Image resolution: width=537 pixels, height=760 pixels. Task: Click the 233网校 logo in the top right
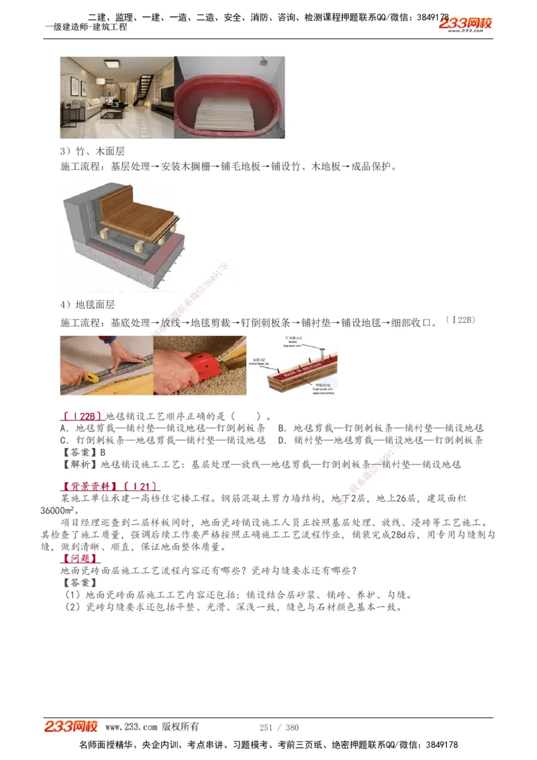[466, 23]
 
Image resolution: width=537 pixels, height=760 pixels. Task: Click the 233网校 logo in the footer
[71, 726]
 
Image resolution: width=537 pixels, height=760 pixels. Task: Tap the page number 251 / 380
[279, 727]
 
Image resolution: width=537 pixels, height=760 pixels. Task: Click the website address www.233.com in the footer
[132, 727]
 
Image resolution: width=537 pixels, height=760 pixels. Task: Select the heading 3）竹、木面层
[93, 152]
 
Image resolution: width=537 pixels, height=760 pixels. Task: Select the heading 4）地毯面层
[87, 305]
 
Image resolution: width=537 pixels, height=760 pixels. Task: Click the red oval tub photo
[230, 98]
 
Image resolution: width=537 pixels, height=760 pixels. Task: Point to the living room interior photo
[117, 97]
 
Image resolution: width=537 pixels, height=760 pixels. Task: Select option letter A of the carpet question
[63, 428]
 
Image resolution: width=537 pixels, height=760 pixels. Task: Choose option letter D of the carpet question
[281, 440]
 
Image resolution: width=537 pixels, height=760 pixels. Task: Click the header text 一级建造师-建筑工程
[86, 28]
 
